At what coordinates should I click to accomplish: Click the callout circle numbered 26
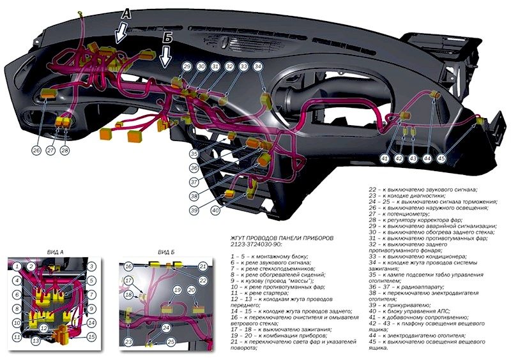pos(36,151)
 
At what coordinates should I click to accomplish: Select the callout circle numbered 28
pos(65,151)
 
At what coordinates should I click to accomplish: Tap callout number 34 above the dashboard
pos(257,66)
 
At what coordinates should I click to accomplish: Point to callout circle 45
pos(441,158)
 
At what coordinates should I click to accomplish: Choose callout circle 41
pos(385,158)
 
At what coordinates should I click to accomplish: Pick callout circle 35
pos(194,154)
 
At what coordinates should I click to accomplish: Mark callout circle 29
pos(187,66)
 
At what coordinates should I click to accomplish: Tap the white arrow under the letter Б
pos(165,57)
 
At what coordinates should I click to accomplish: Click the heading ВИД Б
pos(166,252)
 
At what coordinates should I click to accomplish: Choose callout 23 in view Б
pos(128,341)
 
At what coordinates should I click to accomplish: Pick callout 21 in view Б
pos(202,266)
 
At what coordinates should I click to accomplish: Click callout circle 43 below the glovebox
pos(413,158)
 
